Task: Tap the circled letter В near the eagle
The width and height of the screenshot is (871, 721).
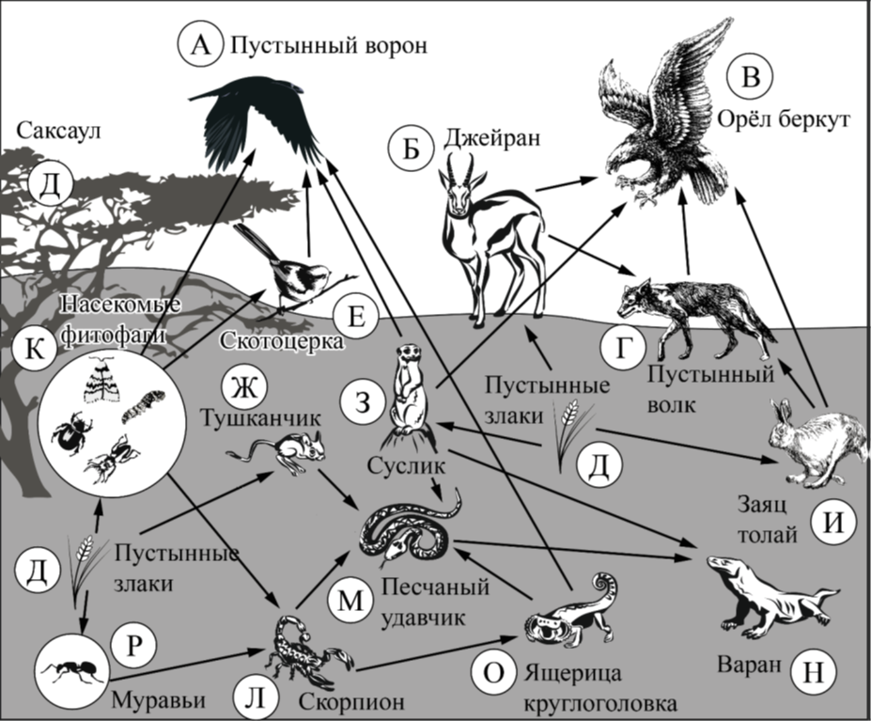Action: point(751,76)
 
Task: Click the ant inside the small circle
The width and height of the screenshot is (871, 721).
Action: point(70,668)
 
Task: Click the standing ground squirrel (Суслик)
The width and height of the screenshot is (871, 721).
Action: point(410,395)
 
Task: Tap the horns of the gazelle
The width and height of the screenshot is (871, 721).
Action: point(462,165)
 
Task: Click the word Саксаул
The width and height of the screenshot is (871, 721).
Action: point(58,132)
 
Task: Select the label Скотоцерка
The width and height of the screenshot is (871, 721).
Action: point(282,339)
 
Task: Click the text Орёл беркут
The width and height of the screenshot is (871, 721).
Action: point(784,119)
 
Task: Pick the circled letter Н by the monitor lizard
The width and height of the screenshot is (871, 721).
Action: point(814,672)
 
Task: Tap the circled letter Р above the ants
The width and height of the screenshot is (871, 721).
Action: point(133,646)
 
